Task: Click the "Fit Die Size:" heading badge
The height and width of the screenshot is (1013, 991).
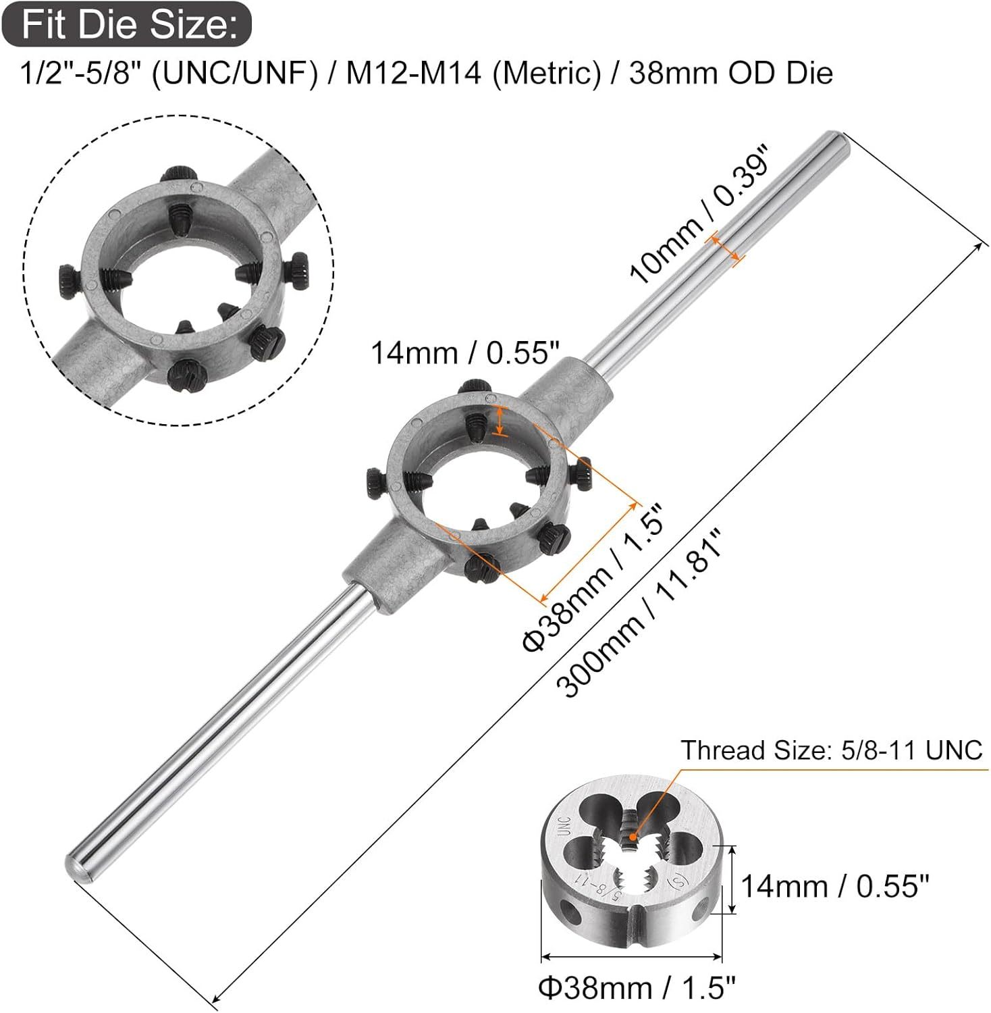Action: (x=127, y=24)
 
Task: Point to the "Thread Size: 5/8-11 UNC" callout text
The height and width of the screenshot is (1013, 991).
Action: (x=831, y=750)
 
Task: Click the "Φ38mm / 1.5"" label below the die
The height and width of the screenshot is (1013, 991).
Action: (x=637, y=988)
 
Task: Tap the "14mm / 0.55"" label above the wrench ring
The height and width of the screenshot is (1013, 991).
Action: (x=466, y=352)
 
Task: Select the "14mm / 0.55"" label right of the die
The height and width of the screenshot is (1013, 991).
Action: (x=835, y=885)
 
